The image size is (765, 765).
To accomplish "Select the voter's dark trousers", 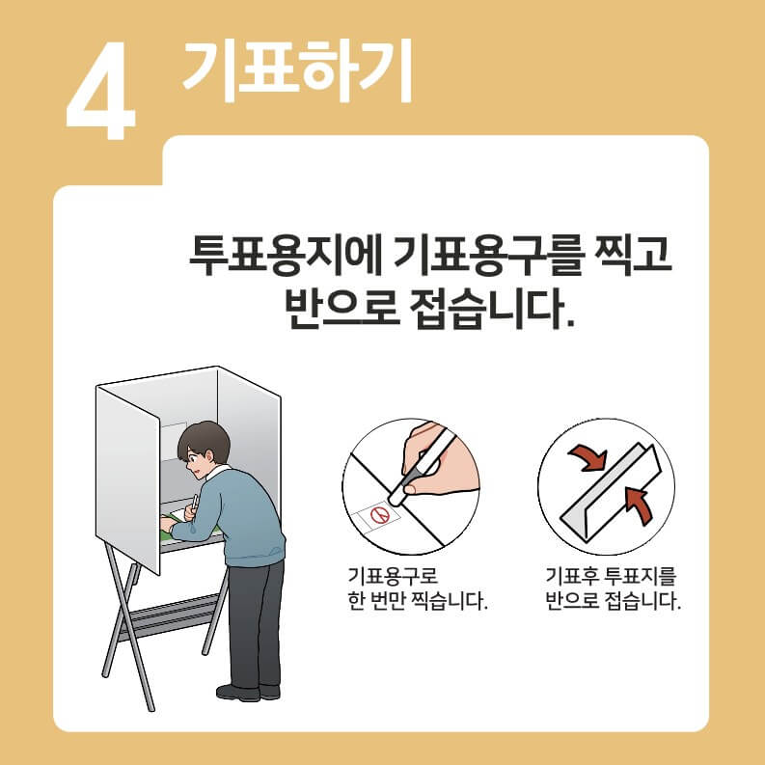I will pos(256,617).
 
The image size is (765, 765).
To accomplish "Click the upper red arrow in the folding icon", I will pos(584,456).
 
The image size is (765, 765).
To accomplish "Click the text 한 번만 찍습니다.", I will pos(417,603).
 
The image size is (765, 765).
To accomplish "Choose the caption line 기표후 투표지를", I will pos(611,577).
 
